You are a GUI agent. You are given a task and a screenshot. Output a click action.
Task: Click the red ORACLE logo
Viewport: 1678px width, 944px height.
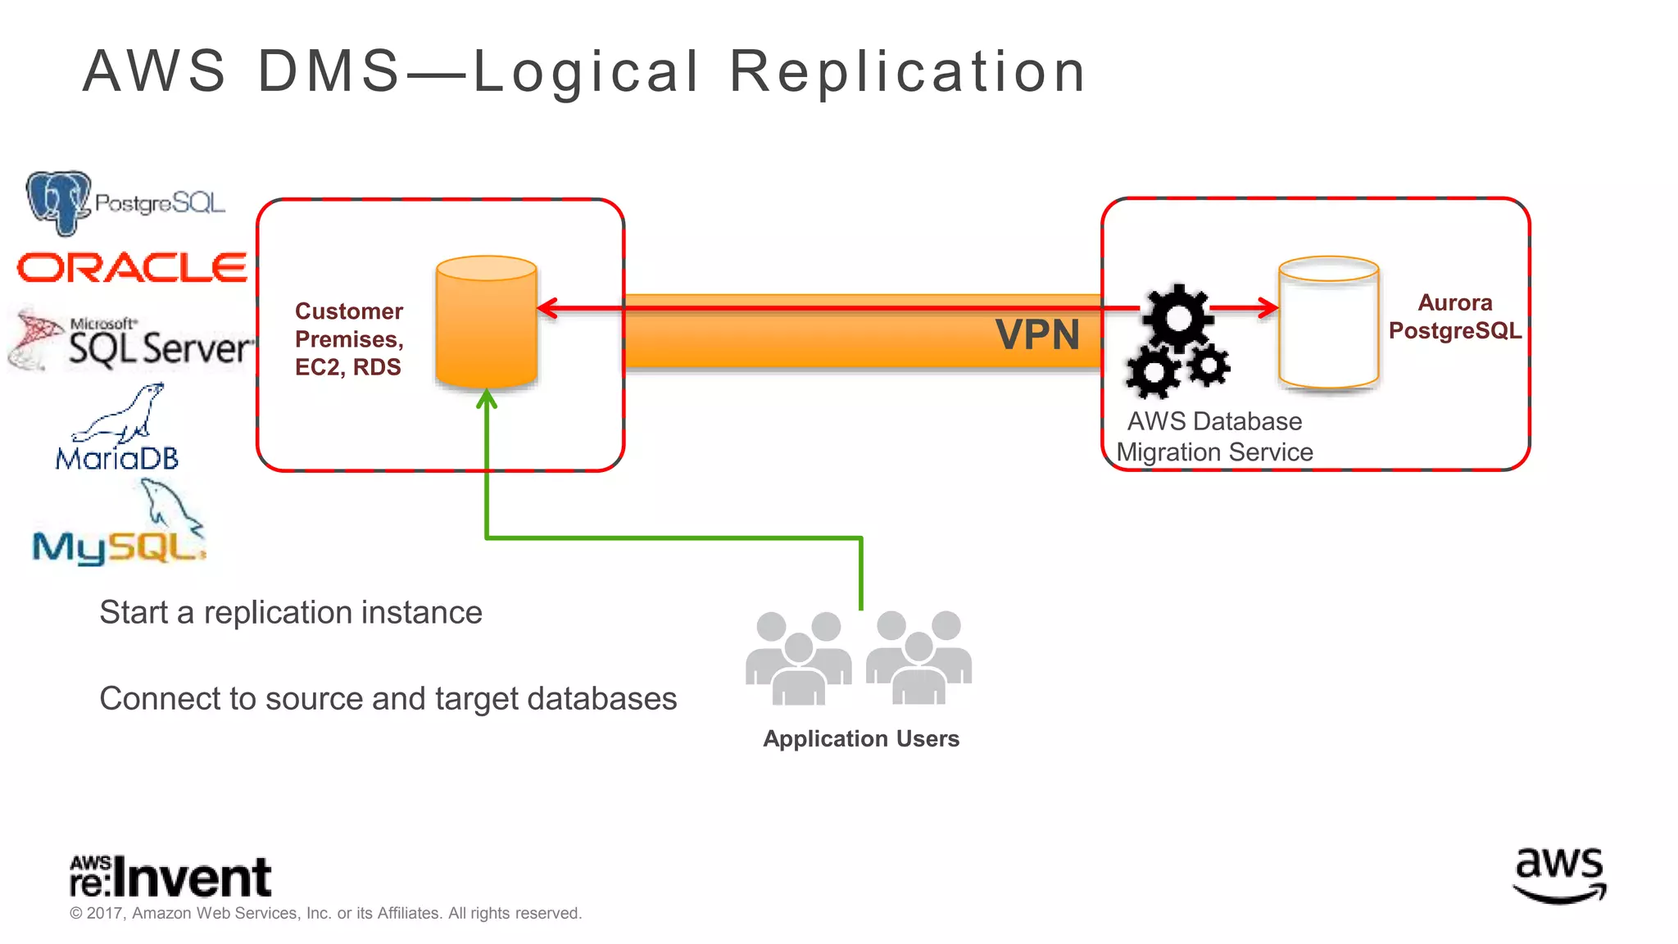pos(132,268)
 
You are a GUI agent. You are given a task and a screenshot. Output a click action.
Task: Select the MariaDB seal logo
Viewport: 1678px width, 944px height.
pos(117,429)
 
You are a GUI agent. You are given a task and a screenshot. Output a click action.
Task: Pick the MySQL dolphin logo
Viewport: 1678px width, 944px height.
pos(120,529)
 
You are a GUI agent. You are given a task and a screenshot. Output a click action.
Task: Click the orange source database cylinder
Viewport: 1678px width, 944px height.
pos(486,324)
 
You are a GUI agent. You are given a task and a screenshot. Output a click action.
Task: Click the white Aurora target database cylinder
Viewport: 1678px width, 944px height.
pos(1328,324)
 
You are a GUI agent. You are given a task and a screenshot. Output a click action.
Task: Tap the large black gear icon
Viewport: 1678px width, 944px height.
pos(1178,318)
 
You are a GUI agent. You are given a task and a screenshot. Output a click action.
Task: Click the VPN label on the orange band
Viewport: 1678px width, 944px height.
pos(1037,335)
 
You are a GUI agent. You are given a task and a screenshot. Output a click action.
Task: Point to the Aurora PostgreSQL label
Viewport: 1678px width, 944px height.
pos(1454,316)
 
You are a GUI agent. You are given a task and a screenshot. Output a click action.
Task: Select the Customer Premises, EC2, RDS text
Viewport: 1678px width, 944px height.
pos(349,339)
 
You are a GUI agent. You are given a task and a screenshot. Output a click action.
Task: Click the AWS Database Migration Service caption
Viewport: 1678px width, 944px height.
pos(1214,437)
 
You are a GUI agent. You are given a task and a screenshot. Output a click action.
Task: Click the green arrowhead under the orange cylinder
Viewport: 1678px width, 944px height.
pos(487,399)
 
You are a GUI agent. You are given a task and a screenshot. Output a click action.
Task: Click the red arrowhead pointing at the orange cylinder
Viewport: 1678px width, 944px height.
pos(546,308)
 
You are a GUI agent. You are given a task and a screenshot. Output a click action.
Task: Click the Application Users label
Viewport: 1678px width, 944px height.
pos(860,738)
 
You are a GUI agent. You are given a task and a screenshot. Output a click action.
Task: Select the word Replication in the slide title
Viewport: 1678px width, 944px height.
pos(908,71)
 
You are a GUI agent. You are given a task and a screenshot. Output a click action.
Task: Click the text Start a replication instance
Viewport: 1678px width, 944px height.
pos(291,613)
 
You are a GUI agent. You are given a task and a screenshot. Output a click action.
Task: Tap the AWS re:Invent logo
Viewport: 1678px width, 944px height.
pos(170,877)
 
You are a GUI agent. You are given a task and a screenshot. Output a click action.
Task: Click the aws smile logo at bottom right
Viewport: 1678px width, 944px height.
pos(1559,875)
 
